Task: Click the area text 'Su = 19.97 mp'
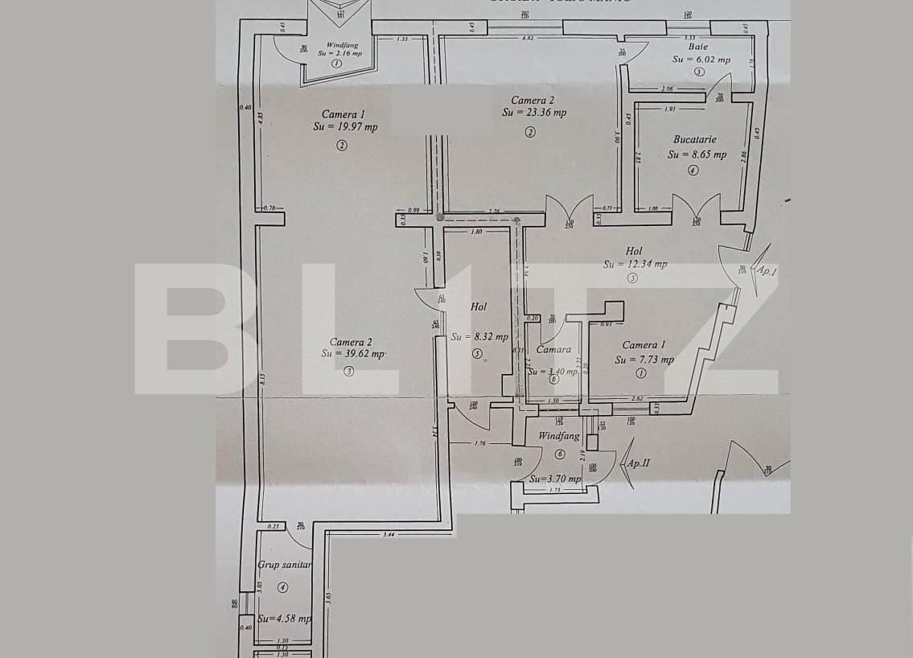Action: coord(344,127)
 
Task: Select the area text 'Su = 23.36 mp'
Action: coord(534,113)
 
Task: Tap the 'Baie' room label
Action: coord(700,47)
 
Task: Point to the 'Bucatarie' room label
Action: coord(694,139)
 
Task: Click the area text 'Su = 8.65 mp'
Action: coord(697,154)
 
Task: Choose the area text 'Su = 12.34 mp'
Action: coord(635,264)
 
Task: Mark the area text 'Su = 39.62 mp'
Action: coord(353,353)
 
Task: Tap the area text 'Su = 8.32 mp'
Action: coord(479,337)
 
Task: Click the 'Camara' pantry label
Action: coord(553,349)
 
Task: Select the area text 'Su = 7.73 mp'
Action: coord(644,360)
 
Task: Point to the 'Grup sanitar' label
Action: coord(284,565)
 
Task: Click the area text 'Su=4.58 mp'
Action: coord(285,619)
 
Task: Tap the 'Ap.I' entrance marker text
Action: coord(767,271)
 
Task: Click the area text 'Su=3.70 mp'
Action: coord(555,479)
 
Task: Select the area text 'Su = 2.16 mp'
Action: coord(339,53)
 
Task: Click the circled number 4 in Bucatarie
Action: coord(693,171)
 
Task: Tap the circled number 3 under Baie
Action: coord(699,72)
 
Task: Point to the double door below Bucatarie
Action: coord(697,211)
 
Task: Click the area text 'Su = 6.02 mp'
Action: coord(701,60)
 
